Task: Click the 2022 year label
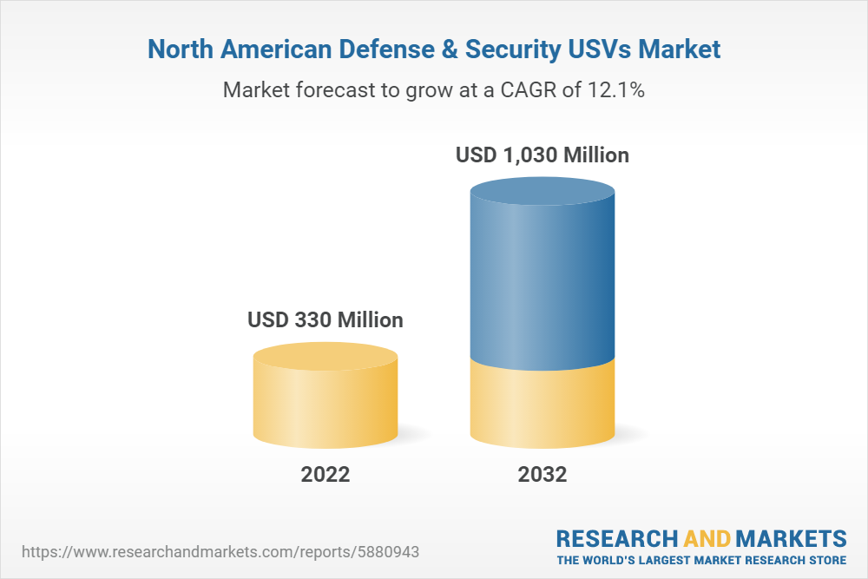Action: coord(325,475)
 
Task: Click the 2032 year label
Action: coord(542,475)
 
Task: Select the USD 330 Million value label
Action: coord(325,319)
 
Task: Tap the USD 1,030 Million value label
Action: coord(542,155)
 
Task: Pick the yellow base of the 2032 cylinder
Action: coord(542,404)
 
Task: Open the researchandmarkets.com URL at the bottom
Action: coord(225,552)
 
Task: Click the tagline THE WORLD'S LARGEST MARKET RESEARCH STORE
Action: coord(701,560)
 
